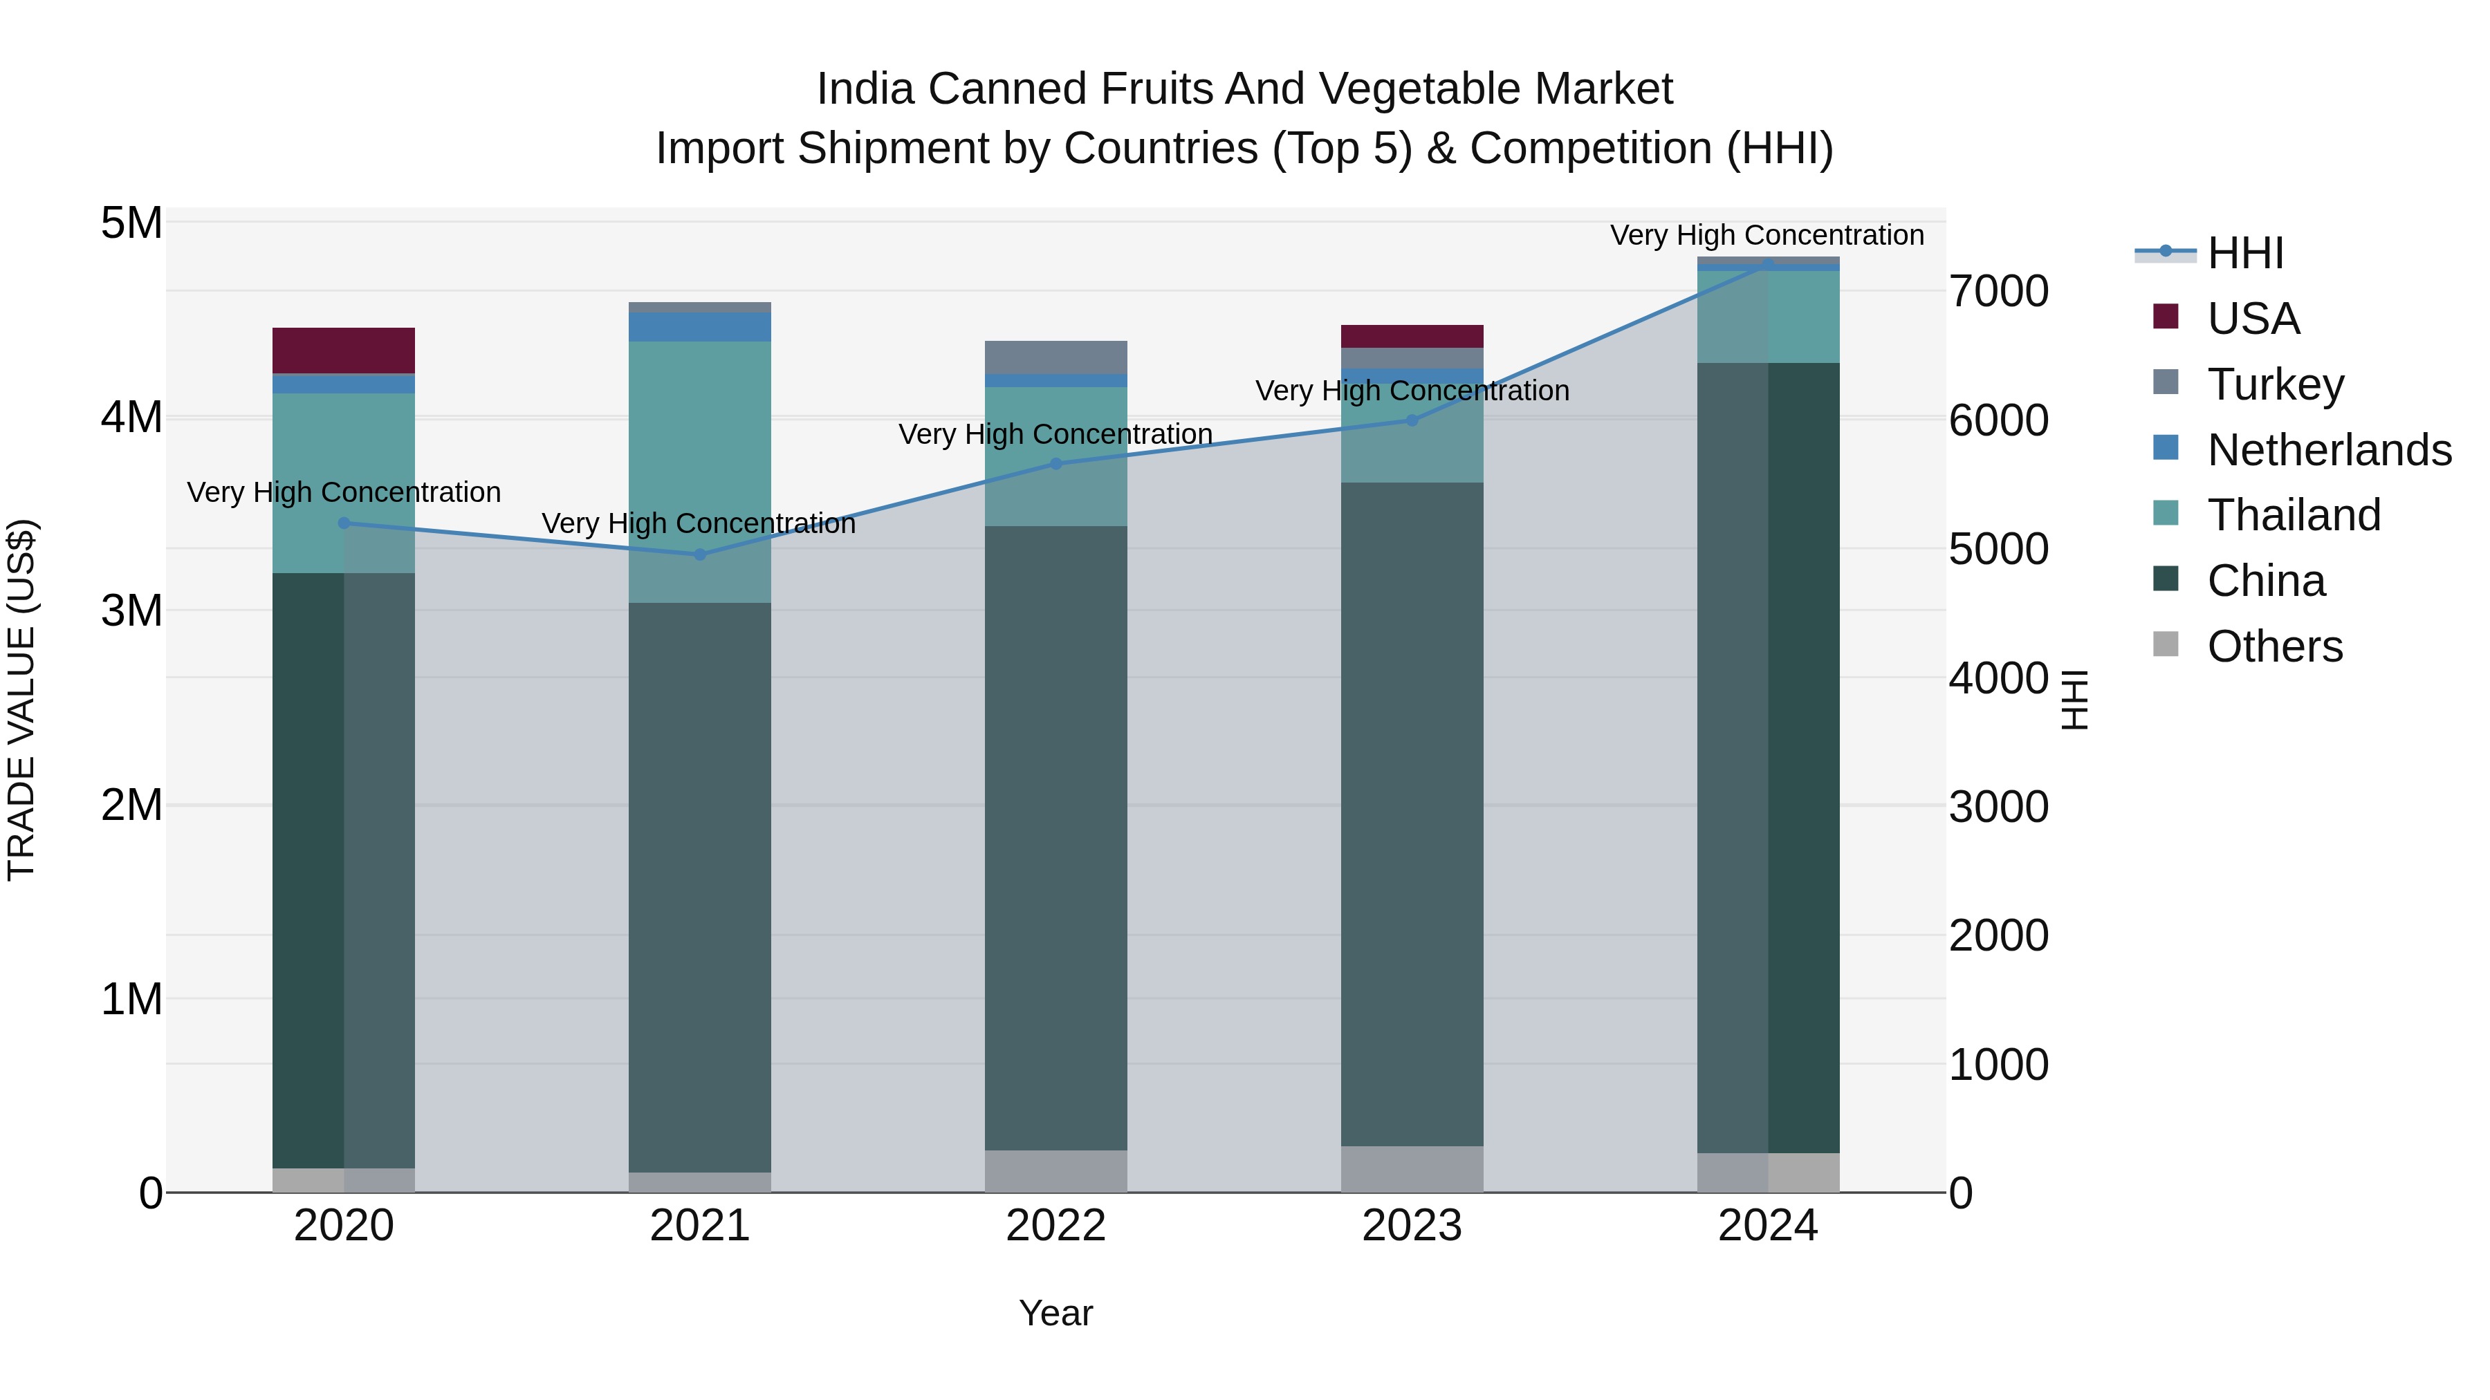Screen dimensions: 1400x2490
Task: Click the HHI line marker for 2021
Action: (x=700, y=554)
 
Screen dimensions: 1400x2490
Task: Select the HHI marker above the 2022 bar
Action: (x=1055, y=464)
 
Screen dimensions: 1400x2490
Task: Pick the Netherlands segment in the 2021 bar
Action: (x=700, y=326)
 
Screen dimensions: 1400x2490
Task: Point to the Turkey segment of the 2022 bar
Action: (x=1055, y=357)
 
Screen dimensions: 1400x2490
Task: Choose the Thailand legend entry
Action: (x=2293, y=515)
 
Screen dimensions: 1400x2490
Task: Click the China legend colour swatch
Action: (x=2166, y=580)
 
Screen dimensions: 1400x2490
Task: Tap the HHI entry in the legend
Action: (x=2244, y=253)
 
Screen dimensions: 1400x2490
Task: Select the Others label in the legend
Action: (x=2274, y=646)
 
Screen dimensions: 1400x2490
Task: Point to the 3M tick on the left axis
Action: (x=131, y=610)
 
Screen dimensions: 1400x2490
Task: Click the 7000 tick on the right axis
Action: (x=1998, y=291)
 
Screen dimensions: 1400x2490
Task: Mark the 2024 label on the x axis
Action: (x=1767, y=1226)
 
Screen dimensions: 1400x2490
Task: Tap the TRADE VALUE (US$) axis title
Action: (x=21, y=700)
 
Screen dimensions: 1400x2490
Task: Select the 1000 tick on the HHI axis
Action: (x=1998, y=1065)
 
